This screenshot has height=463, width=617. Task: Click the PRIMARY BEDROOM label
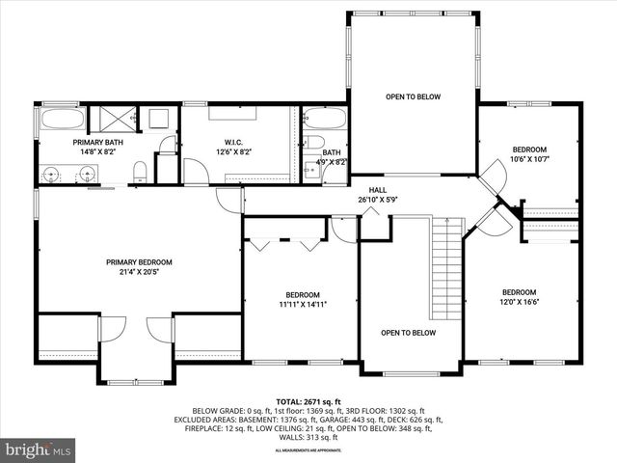coord(139,262)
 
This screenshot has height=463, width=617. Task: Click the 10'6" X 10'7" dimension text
coord(529,159)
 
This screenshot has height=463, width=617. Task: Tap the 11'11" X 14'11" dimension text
coord(302,305)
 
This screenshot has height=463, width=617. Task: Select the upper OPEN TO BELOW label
coord(413,97)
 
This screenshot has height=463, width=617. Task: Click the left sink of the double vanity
coord(52,174)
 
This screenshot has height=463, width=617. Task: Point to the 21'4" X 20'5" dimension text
coord(139,272)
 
